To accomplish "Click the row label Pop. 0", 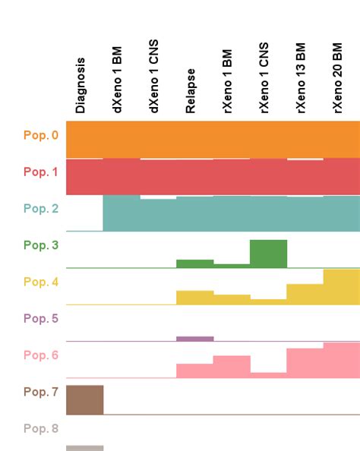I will pyautogui.click(x=40, y=136).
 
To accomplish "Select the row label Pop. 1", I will pyautogui.click(x=40, y=172).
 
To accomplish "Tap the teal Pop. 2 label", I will pyautogui.click(x=40, y=209).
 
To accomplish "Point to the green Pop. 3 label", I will pyautogui.click(x=40, y=245).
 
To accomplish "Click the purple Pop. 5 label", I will pyautogui.click(x=40, y=319).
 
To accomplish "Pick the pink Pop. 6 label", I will pyautogui.click(x=40, y=355).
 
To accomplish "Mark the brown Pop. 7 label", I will pyautogui.click(x=40, y=393).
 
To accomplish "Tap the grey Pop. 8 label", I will pyautogui.click(x=40, y=429).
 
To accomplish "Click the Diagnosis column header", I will pyautogui.click(x=81, y=85).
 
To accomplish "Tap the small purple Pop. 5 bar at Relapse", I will pyautogui.click(x=195, y=339).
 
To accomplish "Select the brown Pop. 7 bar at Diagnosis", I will pyautogui.click(x=85, y=400).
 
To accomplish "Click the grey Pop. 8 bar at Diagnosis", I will pyautogui.click(x=85, y=448).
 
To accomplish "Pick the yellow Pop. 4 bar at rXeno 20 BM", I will pyautogui.click(x=342, y=287).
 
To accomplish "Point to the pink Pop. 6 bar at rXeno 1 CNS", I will pyautogui.click(x=269, y=375).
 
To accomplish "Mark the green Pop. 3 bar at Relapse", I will pyautogui.click(x=195, y=263).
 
